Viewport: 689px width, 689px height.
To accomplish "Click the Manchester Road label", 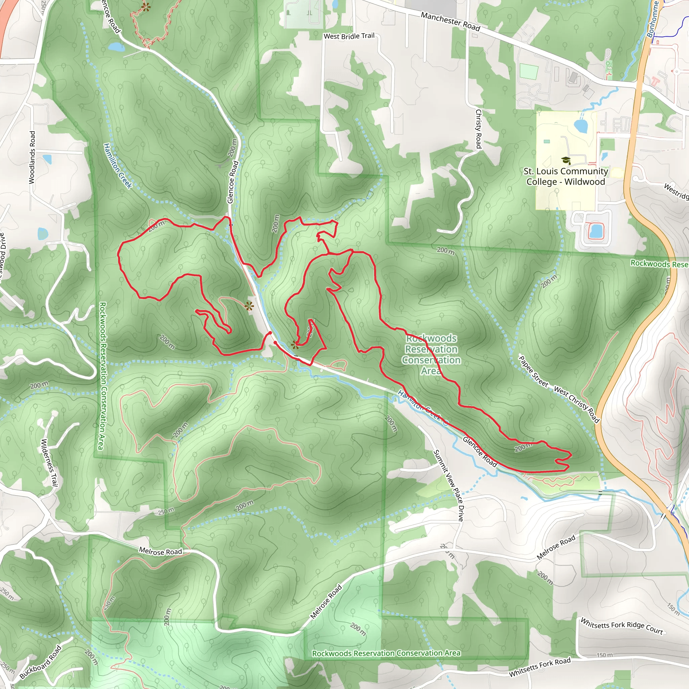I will point(450,21).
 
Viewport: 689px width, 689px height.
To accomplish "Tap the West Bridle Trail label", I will point(349,36).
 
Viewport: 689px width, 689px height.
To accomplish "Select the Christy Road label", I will point(479,129).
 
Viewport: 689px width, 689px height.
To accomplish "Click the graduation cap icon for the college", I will point(566,160).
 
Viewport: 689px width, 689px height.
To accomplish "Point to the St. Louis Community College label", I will point(566,177).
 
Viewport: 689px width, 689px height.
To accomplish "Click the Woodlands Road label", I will point(32,157).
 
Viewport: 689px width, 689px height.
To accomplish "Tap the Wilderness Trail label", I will point(49,462).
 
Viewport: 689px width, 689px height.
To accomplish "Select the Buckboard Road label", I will point(40,662).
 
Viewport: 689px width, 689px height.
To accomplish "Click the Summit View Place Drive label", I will point(448,485).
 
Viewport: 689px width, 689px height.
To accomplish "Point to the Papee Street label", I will point(533,371).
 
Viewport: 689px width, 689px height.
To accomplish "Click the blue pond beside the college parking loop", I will point(595,230).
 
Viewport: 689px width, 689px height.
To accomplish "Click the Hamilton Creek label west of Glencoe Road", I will point(117,166).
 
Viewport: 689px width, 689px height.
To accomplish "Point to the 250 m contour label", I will point(166,511).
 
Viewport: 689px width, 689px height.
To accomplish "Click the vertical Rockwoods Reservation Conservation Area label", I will point(102,376).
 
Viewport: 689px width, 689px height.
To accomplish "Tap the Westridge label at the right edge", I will point(676,191).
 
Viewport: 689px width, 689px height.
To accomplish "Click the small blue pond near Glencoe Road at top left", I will point(116,47).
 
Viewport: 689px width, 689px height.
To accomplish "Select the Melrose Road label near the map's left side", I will point(160,551).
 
